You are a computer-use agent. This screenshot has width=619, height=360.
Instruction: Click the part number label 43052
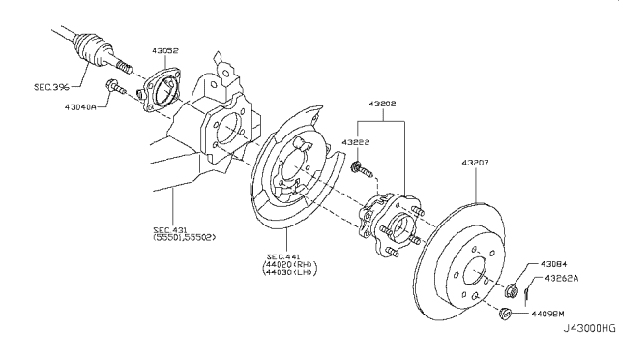[x=165, y=50]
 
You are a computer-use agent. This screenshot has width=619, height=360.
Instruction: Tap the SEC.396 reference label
[x=51, y=87]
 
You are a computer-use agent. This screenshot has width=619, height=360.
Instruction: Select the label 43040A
[x=80, y=106]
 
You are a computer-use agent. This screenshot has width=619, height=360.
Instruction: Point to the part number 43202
[x=382, y=104]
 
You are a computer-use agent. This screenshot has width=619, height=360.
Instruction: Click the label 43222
[x=356, y=142]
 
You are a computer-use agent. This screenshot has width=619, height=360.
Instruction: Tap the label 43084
[x=553, y=264]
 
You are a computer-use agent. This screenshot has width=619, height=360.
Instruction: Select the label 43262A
[x=561, y=278]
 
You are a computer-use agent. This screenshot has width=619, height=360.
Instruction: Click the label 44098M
[x=547, y=314]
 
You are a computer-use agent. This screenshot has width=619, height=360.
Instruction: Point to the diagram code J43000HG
[x=589, y=328]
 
